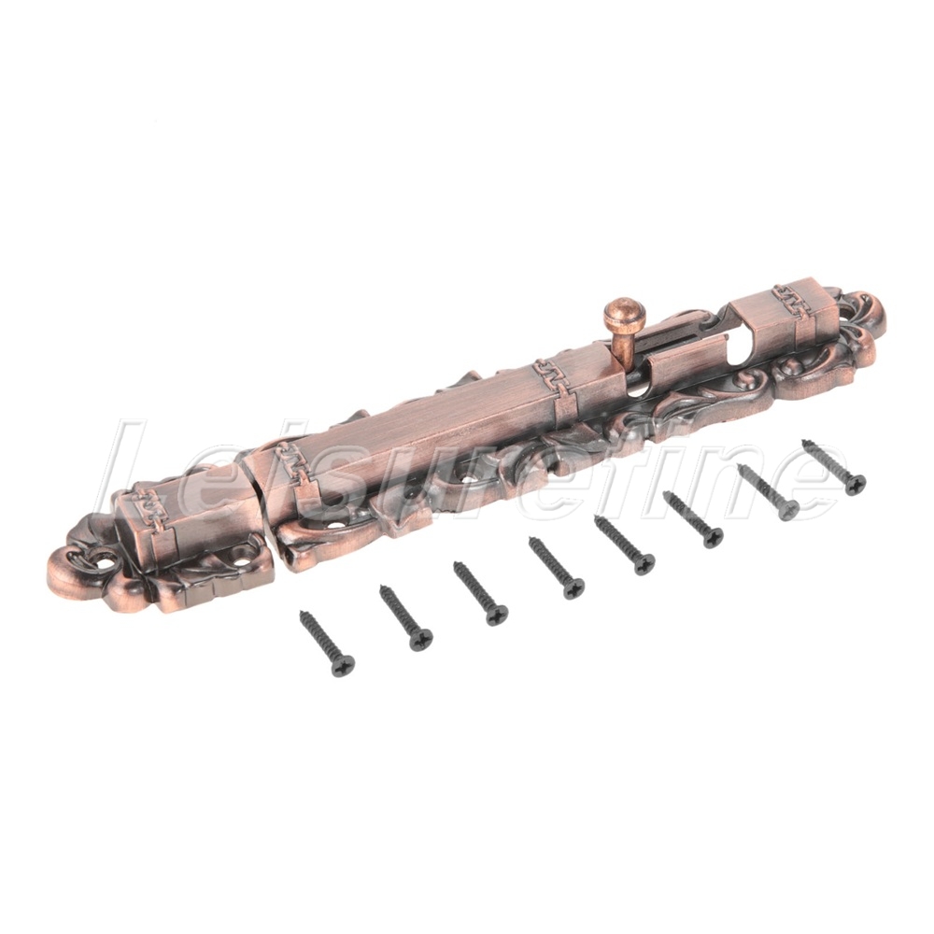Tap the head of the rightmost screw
pos(855,484)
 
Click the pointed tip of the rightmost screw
pos(804,442)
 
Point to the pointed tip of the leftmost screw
pos(302,613)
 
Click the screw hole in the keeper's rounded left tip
pos(109,559)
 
